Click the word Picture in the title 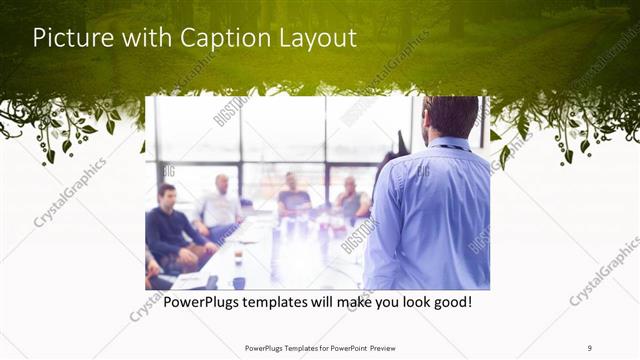[x=73, y=38]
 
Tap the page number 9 [x=590, y=347]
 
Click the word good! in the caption [x=449, y=300]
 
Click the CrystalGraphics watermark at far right [x=604, y=270]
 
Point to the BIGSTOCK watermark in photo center [x=357, y=235]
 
